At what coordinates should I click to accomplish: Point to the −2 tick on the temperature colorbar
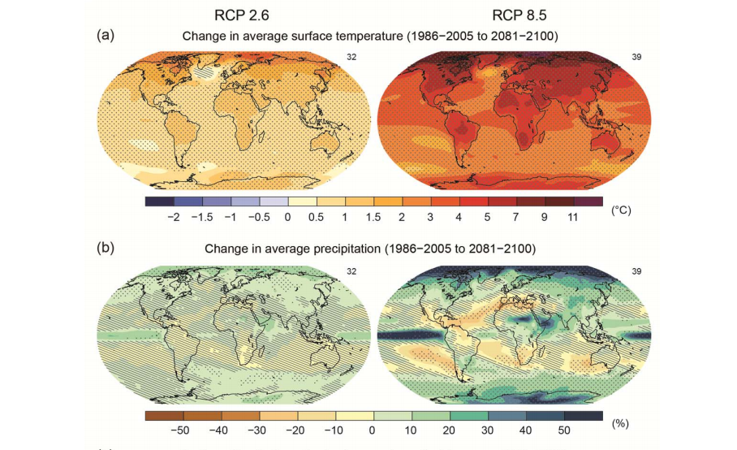[x=172, y=218]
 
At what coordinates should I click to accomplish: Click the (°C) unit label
[x=621, y=210]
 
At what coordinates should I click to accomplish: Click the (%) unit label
[x=620, y=423]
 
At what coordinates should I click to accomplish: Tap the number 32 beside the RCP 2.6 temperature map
[x=351, y=57]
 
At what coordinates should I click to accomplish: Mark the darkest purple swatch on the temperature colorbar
[x=588, y=201]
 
